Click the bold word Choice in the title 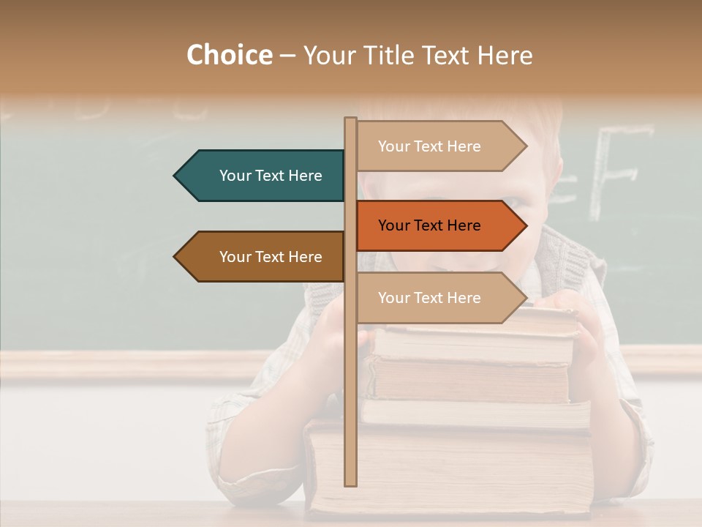click(x=229, y=55)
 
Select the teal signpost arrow click(x=263, y=176)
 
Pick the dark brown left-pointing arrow click(x=263, y=257)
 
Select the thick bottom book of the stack click(x=453, y=468)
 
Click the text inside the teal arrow click(x=271, y=176)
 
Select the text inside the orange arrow click(x=429, y=225)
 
